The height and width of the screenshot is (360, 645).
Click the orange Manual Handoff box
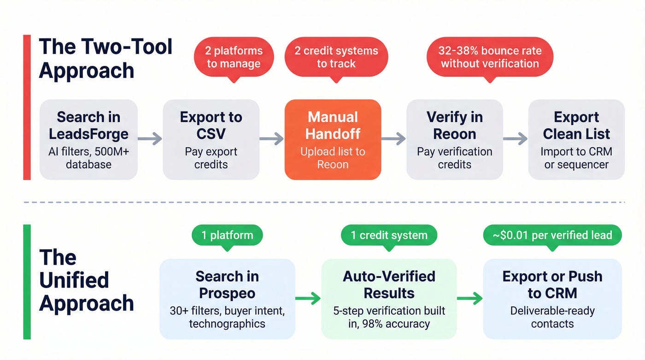click(333, 139)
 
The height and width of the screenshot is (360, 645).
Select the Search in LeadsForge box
click(88, 139)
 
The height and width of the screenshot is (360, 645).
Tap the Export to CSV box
click(211, 139)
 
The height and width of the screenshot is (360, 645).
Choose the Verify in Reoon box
click(454, 139)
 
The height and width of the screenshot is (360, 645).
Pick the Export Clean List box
click(576, 139)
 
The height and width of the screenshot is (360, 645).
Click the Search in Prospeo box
click(227, 299)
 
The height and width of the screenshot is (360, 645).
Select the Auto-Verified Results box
click(389, 299)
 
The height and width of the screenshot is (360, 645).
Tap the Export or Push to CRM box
click(552, 299)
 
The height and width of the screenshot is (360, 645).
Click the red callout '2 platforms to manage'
click(235, 57)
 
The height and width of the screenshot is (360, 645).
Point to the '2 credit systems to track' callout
click(336, 57)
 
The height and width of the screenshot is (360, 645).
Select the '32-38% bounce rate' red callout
click(490, 57)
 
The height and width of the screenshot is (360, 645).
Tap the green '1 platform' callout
click(227, 236)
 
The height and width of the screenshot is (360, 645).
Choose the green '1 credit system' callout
click(389, 236)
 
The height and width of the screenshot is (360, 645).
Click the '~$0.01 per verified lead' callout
click(552, 236)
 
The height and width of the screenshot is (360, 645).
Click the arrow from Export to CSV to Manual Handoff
click(272, 138)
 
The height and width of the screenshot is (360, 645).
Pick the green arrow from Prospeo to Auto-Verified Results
click(308, 299)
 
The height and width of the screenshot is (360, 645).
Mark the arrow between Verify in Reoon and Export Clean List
click(515, 138)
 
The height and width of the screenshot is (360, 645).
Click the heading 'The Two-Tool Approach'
click(106, 59)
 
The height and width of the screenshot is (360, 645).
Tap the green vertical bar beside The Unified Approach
click(27, 282)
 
